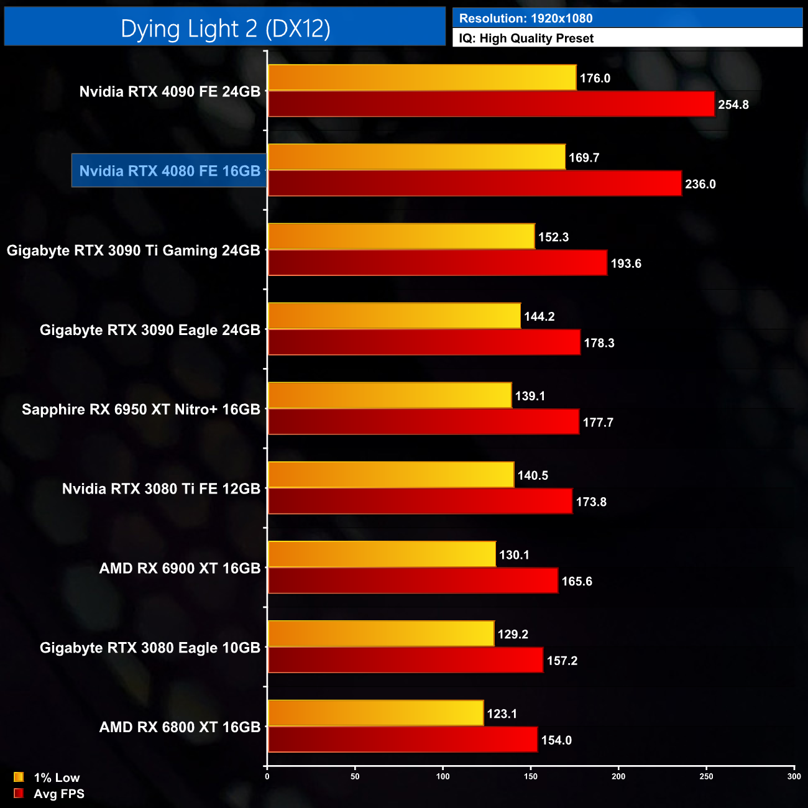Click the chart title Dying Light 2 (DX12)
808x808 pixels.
coord(225,29)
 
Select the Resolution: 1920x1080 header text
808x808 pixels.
coord(525,19)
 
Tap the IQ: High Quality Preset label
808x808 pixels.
coord(526,39)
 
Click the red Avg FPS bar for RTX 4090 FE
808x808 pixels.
coord(491,104)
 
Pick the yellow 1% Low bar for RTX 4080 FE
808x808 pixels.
coord(416,157)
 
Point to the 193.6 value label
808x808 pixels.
coord(625,264)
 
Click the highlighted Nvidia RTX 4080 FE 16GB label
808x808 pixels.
coord(169,171)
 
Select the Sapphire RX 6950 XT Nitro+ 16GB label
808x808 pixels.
coord(140,410)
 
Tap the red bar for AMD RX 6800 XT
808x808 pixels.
coord(402,740)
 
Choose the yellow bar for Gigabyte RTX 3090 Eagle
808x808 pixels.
coord(394,316)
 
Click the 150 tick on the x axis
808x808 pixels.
coord(530,777)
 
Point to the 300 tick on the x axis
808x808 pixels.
coord(794,777)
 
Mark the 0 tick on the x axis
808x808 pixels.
coord(267,777)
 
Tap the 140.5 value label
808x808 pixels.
coord(532,475)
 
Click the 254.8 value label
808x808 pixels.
coord(733,104)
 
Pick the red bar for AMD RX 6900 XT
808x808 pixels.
coord(413,581)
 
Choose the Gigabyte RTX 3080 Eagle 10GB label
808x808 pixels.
coord(150,648)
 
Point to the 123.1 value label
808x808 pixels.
coord(502,714)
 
